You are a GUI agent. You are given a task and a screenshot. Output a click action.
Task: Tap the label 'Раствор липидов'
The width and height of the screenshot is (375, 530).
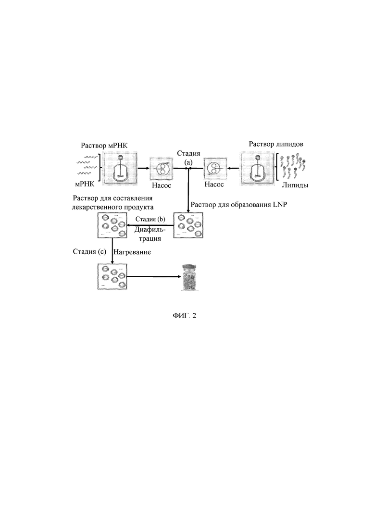pos(276,144)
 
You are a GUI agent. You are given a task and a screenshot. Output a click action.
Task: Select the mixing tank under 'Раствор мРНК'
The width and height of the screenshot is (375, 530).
pos(121,168)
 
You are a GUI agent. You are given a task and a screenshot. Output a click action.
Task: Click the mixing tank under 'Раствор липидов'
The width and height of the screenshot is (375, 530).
pos(257,168)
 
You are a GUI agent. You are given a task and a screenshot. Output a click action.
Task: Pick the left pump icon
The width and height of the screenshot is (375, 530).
pos(162,168)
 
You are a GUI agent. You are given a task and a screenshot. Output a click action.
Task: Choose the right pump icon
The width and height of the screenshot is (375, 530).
pos(214,168)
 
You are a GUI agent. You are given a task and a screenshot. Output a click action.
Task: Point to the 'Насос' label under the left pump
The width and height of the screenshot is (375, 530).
pos(161,185)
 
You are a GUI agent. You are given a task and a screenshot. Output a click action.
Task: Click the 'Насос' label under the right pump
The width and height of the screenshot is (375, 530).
pos(214,185)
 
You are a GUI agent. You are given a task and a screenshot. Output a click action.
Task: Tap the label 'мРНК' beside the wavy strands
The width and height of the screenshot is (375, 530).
pos(85,184)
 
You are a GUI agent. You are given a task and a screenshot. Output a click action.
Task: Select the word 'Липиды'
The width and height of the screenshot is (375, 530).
pos(295,185)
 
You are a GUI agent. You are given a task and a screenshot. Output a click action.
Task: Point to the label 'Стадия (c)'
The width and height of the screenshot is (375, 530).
pos(89,251)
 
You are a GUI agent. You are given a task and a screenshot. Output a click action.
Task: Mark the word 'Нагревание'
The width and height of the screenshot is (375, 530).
pos(132,252)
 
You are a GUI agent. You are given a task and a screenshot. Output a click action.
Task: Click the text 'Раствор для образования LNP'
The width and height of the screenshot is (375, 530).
pos(239,205)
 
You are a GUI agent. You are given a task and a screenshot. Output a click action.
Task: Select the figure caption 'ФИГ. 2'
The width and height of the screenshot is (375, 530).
pos(184,316)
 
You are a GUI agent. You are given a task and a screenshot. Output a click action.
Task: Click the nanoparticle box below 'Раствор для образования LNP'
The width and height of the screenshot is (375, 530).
pos(188,225)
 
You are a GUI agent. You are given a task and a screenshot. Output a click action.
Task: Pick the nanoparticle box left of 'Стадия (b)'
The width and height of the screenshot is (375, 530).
pos(112,225)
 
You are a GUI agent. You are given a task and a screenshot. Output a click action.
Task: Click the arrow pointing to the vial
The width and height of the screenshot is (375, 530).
pos(154,277)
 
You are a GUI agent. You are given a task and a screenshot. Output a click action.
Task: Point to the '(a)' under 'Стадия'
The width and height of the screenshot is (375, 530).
pos(188,162)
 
